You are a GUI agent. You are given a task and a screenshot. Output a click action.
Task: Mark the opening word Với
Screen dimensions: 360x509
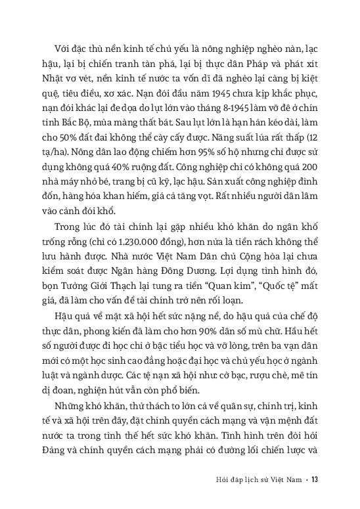pos(65,60)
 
